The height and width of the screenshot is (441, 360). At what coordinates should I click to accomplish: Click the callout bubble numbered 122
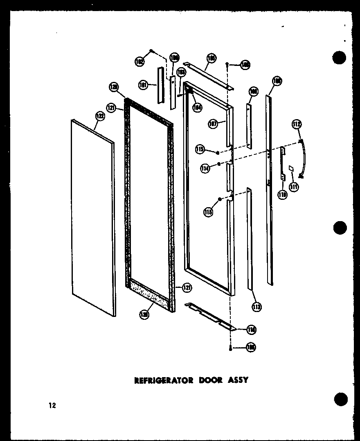[100, 117]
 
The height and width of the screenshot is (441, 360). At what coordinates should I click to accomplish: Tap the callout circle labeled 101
[143, 86]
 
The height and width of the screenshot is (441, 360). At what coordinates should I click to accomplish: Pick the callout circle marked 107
[212, 124]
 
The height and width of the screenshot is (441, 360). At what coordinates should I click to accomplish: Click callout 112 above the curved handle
[297, 124]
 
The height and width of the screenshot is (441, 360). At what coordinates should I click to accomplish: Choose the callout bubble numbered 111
[294, 187]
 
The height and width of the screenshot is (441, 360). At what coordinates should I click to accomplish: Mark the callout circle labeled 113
[257, 306]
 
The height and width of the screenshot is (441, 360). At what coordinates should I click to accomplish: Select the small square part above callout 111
[291, 168]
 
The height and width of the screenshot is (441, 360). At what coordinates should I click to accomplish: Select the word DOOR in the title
[211, 380]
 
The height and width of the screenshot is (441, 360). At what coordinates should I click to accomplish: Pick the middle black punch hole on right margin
[340, 228]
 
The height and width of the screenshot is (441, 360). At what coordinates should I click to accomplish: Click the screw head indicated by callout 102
[151, 50]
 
